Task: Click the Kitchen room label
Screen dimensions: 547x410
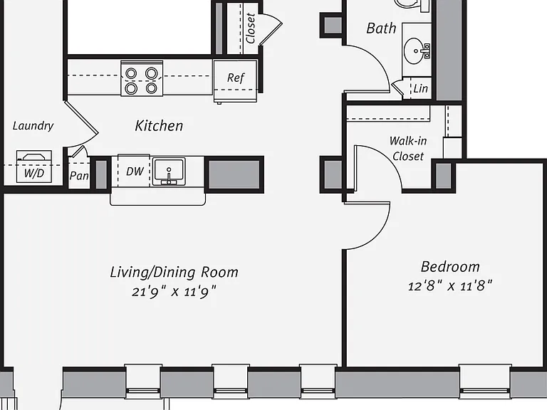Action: [159, 126]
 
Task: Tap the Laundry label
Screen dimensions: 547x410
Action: [33, 126]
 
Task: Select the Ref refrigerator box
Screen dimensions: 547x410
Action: [236, 81]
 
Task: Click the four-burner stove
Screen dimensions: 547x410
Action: [142, 78]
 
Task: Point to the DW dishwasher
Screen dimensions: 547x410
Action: [134, 171]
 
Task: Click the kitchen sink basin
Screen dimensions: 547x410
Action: [169, 171]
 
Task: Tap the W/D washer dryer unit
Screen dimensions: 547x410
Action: [34, 167]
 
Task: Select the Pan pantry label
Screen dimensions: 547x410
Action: [79, 176]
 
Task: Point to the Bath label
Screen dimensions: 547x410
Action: [381, 28]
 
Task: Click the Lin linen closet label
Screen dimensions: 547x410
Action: [421, 88]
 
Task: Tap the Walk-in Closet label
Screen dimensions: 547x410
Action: [408, 149]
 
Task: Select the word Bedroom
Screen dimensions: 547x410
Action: [450, 267]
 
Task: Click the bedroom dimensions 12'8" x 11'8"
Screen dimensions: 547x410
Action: [450, 286]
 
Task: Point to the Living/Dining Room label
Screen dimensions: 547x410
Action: [174, 273]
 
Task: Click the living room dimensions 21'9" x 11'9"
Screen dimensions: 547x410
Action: [174, 291]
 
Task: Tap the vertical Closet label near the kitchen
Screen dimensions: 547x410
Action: [251, 28]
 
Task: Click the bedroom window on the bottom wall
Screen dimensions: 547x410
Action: [485, 382]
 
